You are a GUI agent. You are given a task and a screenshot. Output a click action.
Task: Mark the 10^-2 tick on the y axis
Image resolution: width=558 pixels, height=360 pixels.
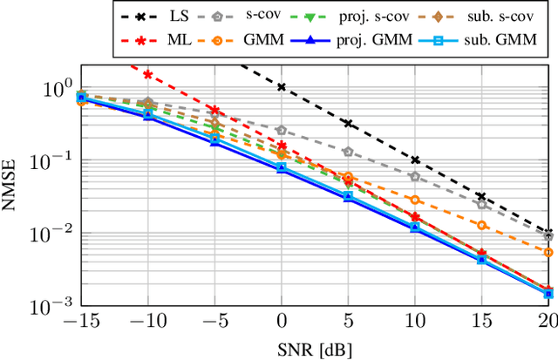pyautogui.click(x=51, y=233)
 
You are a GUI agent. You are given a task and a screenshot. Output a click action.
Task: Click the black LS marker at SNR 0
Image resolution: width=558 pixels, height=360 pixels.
pyautogui.click(x=281, y=87)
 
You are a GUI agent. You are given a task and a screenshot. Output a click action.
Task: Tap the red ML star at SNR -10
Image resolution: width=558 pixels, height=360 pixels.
pyautogui.click(x=147, y=75)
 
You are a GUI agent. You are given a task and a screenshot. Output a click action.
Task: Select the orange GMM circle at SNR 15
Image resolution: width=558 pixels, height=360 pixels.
pyautogui.click(x=480, y=225)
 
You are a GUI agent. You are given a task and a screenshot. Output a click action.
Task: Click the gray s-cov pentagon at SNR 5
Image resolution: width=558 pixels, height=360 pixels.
pyautogui.click(x=348, y=152)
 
